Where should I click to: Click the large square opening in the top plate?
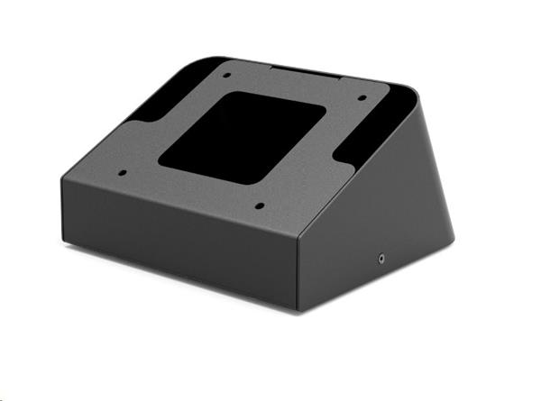tap(243, 136)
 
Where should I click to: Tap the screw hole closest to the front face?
tap(259, 206)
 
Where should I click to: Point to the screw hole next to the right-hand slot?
tap(362, 97)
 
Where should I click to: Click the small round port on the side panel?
tap(383, 258)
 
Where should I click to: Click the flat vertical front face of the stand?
tap(180, 242)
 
